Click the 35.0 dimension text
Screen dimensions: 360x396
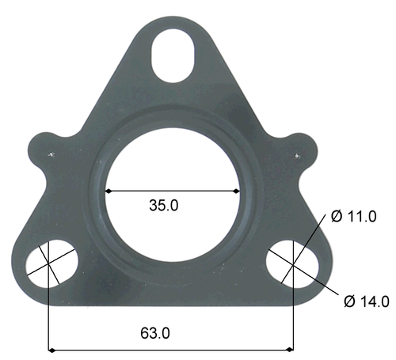coord(164,205)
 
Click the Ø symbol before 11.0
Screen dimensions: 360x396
coord(337,216)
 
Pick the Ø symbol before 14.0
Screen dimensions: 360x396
coord(348,301)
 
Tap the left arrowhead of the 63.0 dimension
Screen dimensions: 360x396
coord(54,348)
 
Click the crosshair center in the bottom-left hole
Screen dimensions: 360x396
coord(50,263)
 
